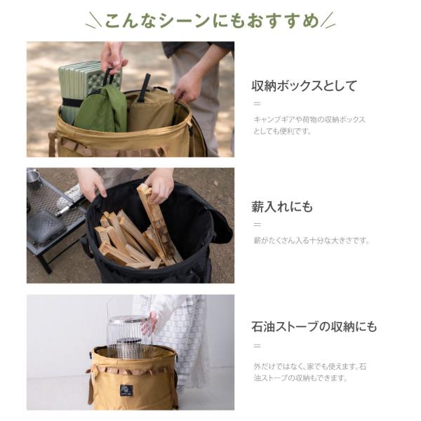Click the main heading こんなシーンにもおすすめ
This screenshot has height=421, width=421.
click(210, 20)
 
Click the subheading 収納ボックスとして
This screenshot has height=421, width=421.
click(305, 86)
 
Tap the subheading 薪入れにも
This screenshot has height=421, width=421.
click(282, 207)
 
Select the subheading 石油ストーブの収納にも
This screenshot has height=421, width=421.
click(314, 327)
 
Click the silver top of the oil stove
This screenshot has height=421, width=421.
click(128, 320)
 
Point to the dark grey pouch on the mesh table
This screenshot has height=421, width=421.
click(46, 226)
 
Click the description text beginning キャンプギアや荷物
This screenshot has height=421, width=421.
click(309, 126)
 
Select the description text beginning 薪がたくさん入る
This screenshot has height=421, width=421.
click(312, 240)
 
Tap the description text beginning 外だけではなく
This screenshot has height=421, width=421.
click(310, 372)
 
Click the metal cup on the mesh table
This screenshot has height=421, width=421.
click(33, 178)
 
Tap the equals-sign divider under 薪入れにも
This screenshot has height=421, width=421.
click(258, 225)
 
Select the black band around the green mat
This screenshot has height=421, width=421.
click(70, 102)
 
